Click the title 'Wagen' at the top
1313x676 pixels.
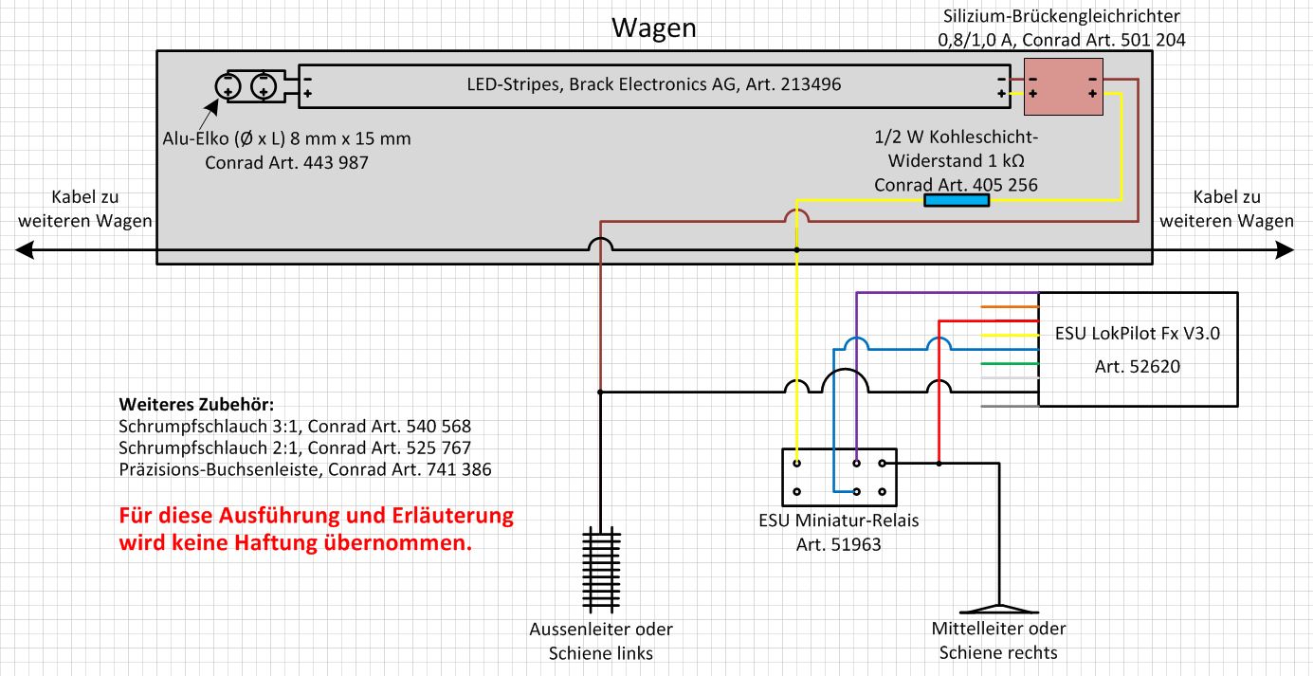pos(654,27)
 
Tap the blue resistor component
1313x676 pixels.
pos(957,200)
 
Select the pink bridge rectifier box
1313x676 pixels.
pos(1063,87)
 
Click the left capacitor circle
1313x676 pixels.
pos(229,87)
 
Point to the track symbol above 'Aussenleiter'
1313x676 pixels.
pos(599,570)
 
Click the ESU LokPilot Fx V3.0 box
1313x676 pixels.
pos(1137,349)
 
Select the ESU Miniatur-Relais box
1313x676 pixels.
pos(838,477)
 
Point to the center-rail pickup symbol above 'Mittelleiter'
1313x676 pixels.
pos(997,607)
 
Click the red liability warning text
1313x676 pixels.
pos(316,530)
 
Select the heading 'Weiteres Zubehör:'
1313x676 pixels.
pos(196,404)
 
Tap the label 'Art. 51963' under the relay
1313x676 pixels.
pos(838,544)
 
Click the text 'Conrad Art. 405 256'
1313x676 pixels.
pos(956,185)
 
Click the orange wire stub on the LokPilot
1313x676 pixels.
pos(1010,307)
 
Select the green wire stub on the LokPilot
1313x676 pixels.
pos(1010,363)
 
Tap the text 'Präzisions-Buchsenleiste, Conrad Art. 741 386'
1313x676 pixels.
pos(305,468)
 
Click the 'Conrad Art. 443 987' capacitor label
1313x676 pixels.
pos(286,162)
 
